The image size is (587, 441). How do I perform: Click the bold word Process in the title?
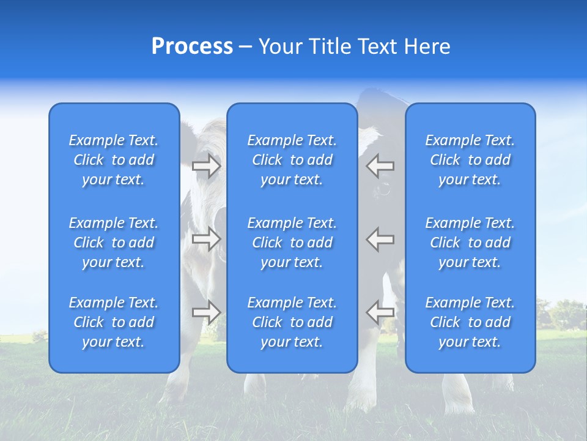point(192,47)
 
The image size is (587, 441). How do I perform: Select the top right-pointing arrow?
point(206,166)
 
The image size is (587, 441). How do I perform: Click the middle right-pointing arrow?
point(206,239)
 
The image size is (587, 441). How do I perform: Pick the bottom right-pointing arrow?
point(206,312)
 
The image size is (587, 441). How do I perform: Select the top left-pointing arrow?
point(380,165)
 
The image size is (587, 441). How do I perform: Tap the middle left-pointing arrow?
point(380,239)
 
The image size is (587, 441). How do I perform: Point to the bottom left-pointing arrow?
point(380,312)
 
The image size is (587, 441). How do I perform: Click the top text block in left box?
point(114,160)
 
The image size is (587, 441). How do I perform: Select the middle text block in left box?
point(114,243)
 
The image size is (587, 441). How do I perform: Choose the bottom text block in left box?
point(114,322)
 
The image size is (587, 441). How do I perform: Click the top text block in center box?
point(292,160)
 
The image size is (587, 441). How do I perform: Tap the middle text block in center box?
point(292,243)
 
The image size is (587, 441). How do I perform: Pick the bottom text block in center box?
point(292,322)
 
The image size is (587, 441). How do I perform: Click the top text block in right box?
point(470,160)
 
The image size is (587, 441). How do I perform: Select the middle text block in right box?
point(470,243)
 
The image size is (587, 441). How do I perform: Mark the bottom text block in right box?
point(470,322)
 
